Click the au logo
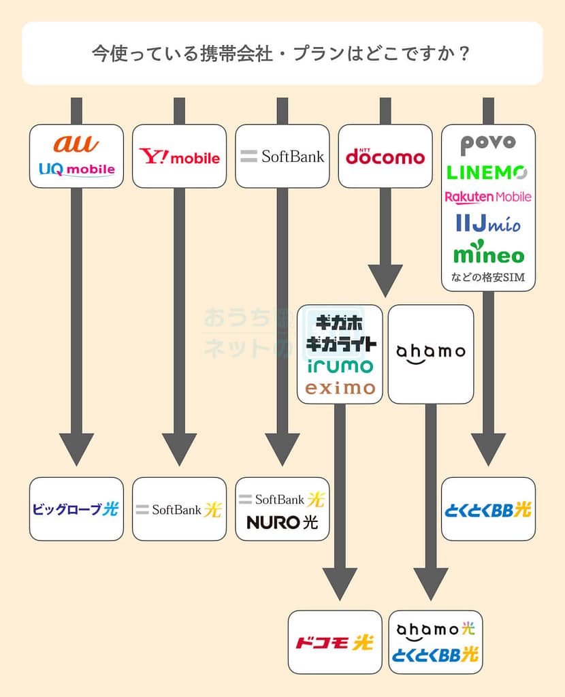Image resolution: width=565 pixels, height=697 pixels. click(76, 144)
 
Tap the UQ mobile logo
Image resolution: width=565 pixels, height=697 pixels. click(76, 169)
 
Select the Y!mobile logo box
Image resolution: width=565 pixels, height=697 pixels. click(179, 157)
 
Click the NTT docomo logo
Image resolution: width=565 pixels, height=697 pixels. click(385, 157)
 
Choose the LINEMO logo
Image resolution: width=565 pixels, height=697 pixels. click(488, 172)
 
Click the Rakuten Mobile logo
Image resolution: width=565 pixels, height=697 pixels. click(488, 197)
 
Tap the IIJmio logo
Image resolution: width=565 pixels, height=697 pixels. click(488, 223)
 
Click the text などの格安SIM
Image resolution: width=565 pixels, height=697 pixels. click(488, 278)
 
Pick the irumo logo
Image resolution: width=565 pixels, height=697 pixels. click(340, 366)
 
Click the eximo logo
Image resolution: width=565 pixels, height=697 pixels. click(340, 388)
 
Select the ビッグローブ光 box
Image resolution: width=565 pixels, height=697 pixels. click(76, 509)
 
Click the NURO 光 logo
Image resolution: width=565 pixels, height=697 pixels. click(282, 523)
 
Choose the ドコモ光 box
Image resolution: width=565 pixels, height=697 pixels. click(334, 642)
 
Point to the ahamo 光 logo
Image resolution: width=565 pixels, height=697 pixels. click(436, 630)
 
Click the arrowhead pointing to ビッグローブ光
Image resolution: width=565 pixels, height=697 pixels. click(76, 449)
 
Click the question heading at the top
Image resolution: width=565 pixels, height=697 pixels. click(282, 53)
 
